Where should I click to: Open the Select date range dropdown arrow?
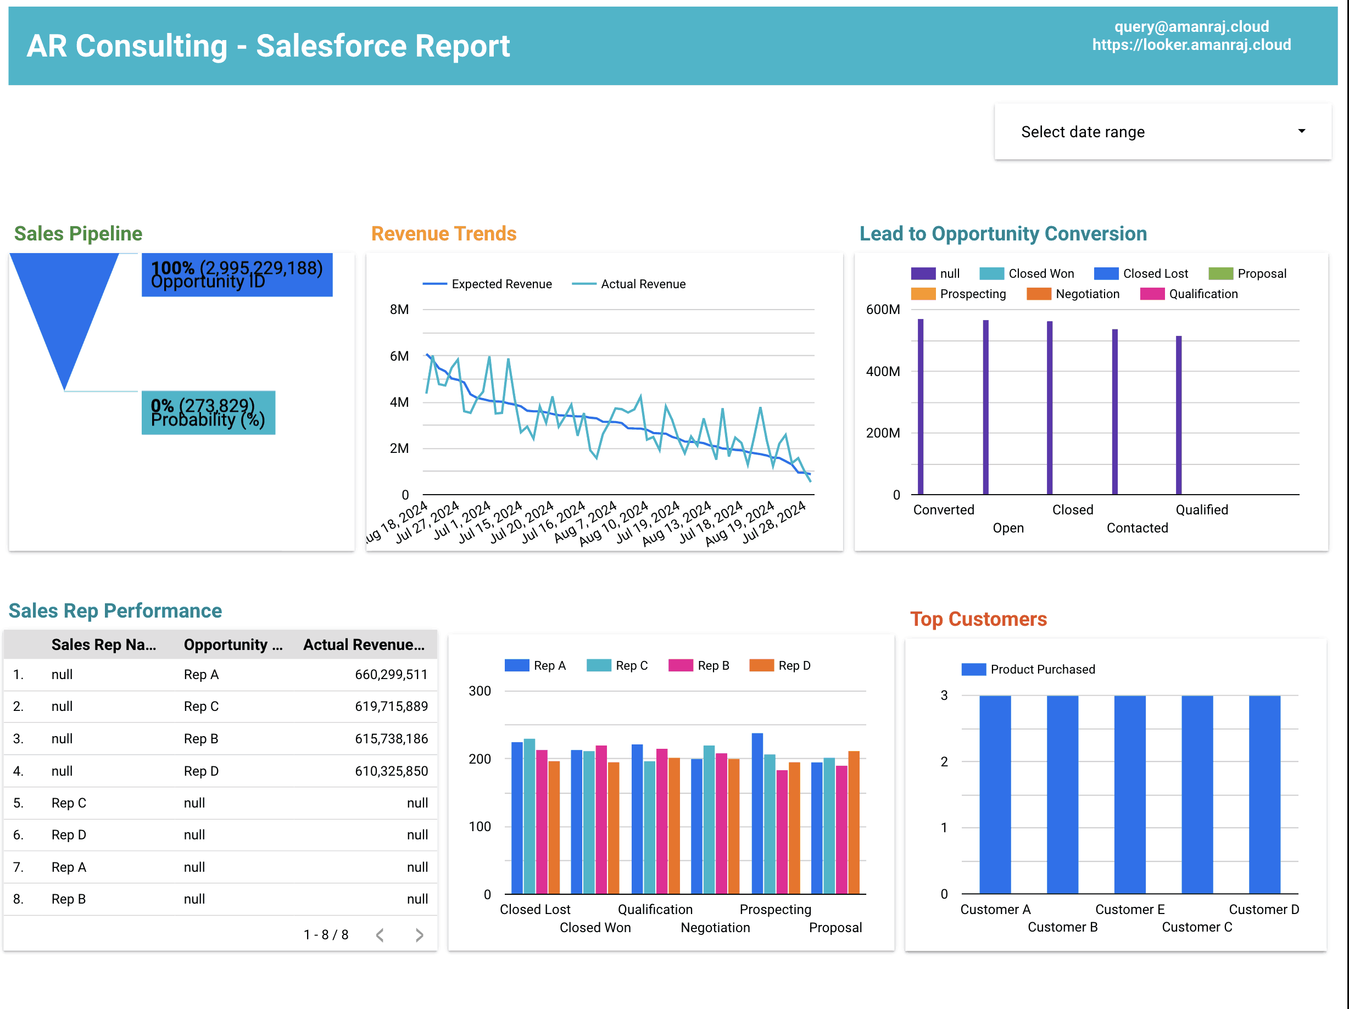click(1301, 131)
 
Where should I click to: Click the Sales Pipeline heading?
click(78, 233)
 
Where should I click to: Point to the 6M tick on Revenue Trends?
click(399, 356)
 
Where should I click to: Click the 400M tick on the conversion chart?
click(883, 371)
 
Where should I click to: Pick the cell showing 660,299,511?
click(391, 674)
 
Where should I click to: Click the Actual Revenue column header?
click(364, 644)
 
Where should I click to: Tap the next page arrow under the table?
click(419, 935)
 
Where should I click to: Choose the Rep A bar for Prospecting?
click(757, 814)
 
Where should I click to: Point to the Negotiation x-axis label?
click(715, 927)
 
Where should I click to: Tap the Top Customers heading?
click(978, 619)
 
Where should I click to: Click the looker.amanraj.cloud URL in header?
click(1191, 44)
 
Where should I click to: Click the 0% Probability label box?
click(208, 413)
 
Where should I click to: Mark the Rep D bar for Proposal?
click(854, 822)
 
